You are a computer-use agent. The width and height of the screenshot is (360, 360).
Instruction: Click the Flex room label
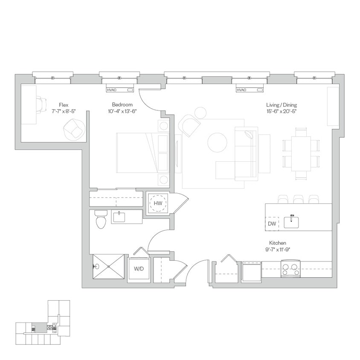point(64,105)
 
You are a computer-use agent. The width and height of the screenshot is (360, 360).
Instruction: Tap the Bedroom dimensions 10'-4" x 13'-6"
point(122,111)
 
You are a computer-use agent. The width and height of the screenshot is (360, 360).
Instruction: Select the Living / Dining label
point(282,105)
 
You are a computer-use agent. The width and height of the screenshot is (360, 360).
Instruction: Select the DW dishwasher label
point(272,224)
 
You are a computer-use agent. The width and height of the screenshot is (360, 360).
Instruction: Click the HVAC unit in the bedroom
point(120,90)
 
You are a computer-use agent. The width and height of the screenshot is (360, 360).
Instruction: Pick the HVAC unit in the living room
point(250,90)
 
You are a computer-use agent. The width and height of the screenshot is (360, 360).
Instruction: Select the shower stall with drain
point(108,267)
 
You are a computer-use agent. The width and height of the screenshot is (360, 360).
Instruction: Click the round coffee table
point(218,142)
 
